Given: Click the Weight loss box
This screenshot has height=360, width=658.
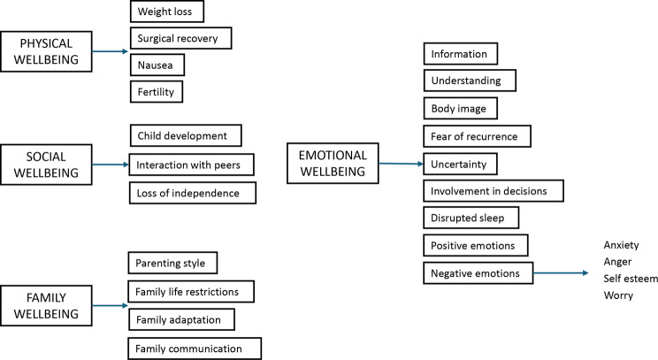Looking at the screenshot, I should tap(167, 12).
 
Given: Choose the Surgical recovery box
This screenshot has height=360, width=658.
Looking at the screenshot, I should tap(180, 38).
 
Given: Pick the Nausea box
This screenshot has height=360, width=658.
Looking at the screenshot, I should tap(160, 65).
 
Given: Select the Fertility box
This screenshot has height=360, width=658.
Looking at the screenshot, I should tap(160, 91).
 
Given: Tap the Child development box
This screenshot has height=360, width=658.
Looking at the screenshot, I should tap(184, 135).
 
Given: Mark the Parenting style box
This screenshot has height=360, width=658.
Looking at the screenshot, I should tap(172, 264).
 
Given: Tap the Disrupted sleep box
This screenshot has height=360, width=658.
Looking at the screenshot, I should tap(471, 217).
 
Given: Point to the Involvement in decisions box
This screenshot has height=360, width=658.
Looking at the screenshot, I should tap(493, 190).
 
